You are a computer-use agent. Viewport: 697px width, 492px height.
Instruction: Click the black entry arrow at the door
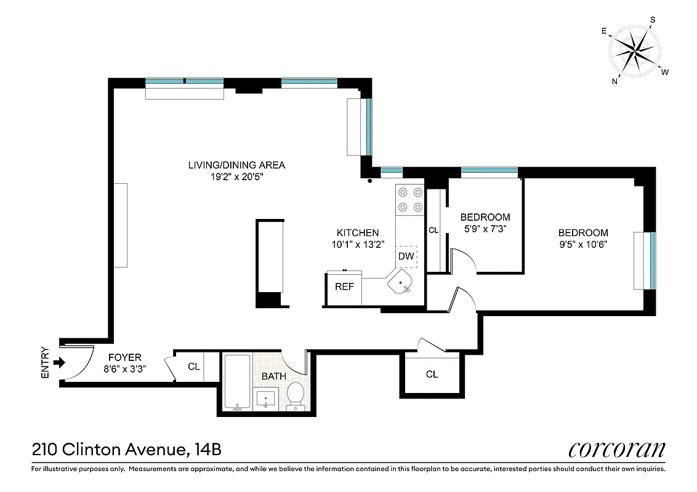[x=59, y=363]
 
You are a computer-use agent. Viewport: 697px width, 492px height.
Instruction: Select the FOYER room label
[x=125, y=357]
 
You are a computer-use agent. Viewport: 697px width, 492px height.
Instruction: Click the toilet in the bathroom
[x=296, y=395]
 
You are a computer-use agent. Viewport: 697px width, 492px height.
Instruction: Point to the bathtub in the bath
[x=237, y=382]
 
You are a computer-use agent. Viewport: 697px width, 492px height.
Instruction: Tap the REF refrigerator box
[x=344, y=287]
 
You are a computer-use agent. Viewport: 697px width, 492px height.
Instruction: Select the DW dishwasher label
[x=406, y=256]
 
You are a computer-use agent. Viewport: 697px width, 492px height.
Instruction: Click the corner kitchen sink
[x=401, y=284]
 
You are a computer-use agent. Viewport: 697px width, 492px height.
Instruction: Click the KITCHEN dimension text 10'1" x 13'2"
[x=357, y=244]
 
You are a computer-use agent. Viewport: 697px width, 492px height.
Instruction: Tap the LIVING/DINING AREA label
[x=236, y=165]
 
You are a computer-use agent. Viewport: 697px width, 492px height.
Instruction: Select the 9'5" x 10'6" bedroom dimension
[x=582, y=244]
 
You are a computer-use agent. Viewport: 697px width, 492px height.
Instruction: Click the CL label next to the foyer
[x=194, y=367]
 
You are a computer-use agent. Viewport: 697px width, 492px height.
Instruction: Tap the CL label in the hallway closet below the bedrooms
[x=432, y=374]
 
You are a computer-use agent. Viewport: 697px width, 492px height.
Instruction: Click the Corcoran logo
[x=616, y=450]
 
